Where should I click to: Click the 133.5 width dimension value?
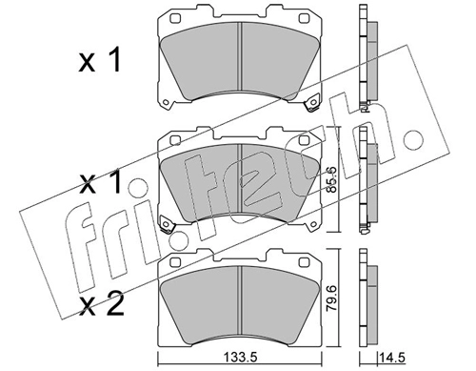click(x=240, y=358)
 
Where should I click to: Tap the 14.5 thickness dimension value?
click(x=393, y=358)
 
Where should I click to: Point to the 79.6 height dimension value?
click(x=332, y=299)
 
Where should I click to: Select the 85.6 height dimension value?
click(x=332, y=180)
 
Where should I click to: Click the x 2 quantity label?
click(x=101, y=305)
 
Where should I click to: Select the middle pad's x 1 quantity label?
click(x=100, y=183)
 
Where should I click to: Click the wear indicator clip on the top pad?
click(x=311, y=104)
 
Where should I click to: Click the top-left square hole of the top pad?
click(x=175, y=18)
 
